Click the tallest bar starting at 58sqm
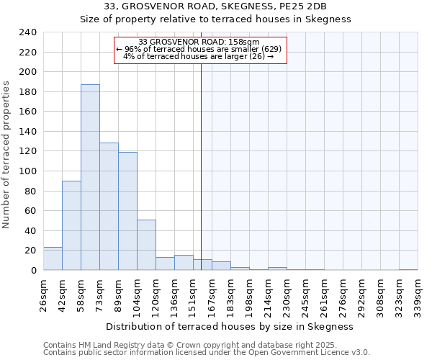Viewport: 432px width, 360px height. click(90, 177)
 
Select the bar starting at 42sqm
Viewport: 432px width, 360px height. click(71, 225)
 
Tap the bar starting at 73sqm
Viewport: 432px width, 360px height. click(109, 207)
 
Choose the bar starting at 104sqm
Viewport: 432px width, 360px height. click(146, 245)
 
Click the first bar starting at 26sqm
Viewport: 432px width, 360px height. click(53, 258)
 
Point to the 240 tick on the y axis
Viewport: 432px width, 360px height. click(28, 33)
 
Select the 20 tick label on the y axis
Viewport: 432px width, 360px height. click(31, 251)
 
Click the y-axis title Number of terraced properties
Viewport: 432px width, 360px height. click(6, 154)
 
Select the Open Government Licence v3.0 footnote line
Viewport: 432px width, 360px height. click(207, 353)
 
